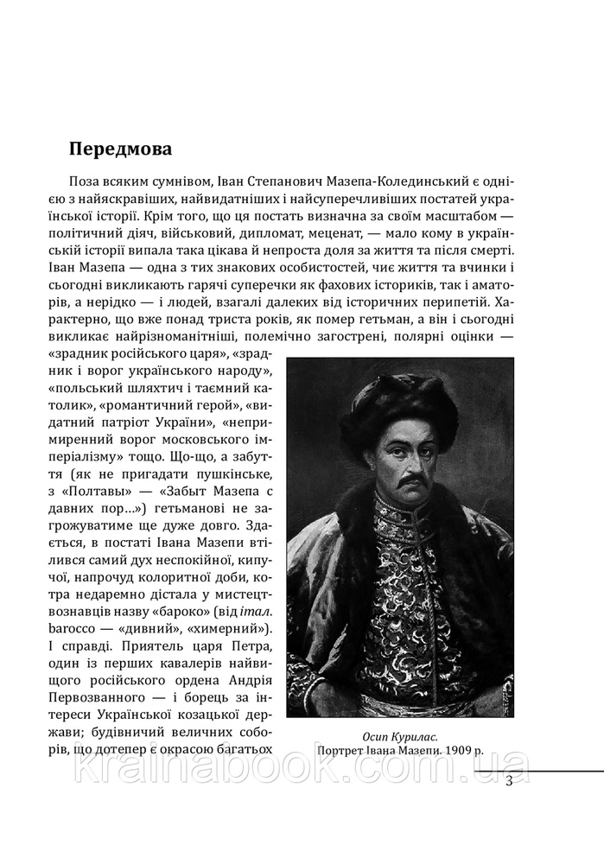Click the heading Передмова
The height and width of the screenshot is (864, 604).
120,148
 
